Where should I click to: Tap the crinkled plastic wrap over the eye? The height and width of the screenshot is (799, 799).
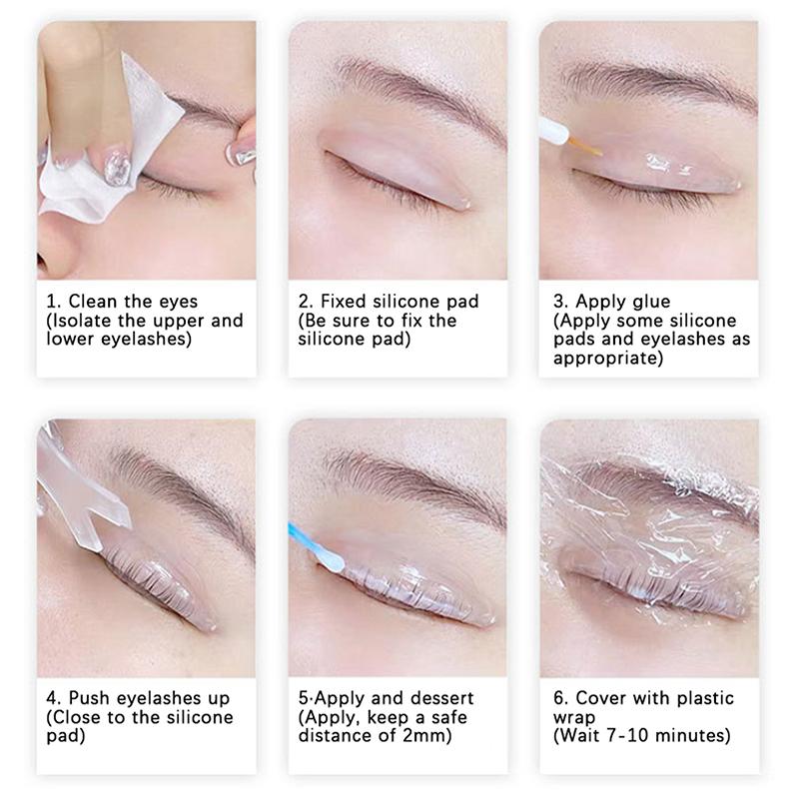[649, 519]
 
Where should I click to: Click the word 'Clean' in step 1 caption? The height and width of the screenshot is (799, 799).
[94, 301]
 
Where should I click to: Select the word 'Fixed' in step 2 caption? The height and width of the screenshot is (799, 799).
[346, 301]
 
